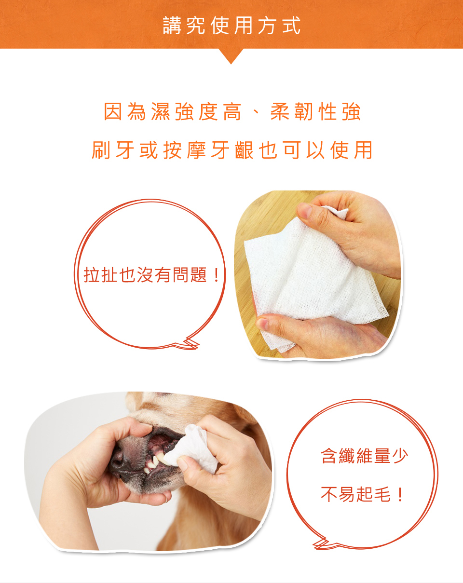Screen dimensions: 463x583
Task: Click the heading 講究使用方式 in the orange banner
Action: click(231, 26)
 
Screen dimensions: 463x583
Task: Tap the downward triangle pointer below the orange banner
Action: click(231, 56)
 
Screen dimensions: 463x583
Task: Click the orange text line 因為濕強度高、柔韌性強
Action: click(232, 111)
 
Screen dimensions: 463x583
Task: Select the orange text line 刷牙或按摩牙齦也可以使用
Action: click(232, 150)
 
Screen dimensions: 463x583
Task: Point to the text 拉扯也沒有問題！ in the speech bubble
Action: click(152, 275)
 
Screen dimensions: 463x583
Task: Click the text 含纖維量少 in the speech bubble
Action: click(364, 456)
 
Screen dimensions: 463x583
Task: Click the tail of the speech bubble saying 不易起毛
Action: click(322, 544)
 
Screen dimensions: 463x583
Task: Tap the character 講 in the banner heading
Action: click(172, 26)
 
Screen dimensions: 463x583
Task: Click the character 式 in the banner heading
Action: click(291, 26)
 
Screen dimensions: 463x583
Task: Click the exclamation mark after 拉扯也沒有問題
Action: click(216, 275)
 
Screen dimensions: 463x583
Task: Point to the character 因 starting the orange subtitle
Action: click(113, 111)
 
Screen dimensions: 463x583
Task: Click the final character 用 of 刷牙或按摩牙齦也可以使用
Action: click(364, 150)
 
